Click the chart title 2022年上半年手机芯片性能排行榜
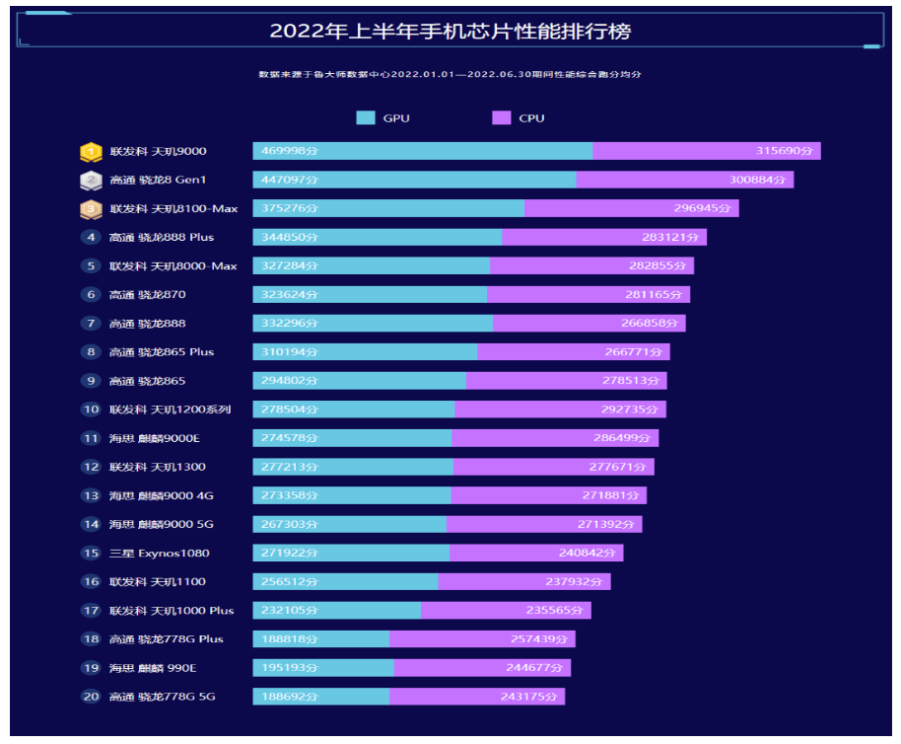(450, 32)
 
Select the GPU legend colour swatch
(366, 118)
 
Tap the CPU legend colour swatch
(501, 118)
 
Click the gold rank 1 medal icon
(91, 152)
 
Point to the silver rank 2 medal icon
(91, 181)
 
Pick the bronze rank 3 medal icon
(91, 209)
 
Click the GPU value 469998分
(286, 152)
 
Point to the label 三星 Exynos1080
(160, 554)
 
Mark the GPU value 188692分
(286, 697)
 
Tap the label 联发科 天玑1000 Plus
(172, 611)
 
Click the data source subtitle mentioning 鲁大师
(450, 75)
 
